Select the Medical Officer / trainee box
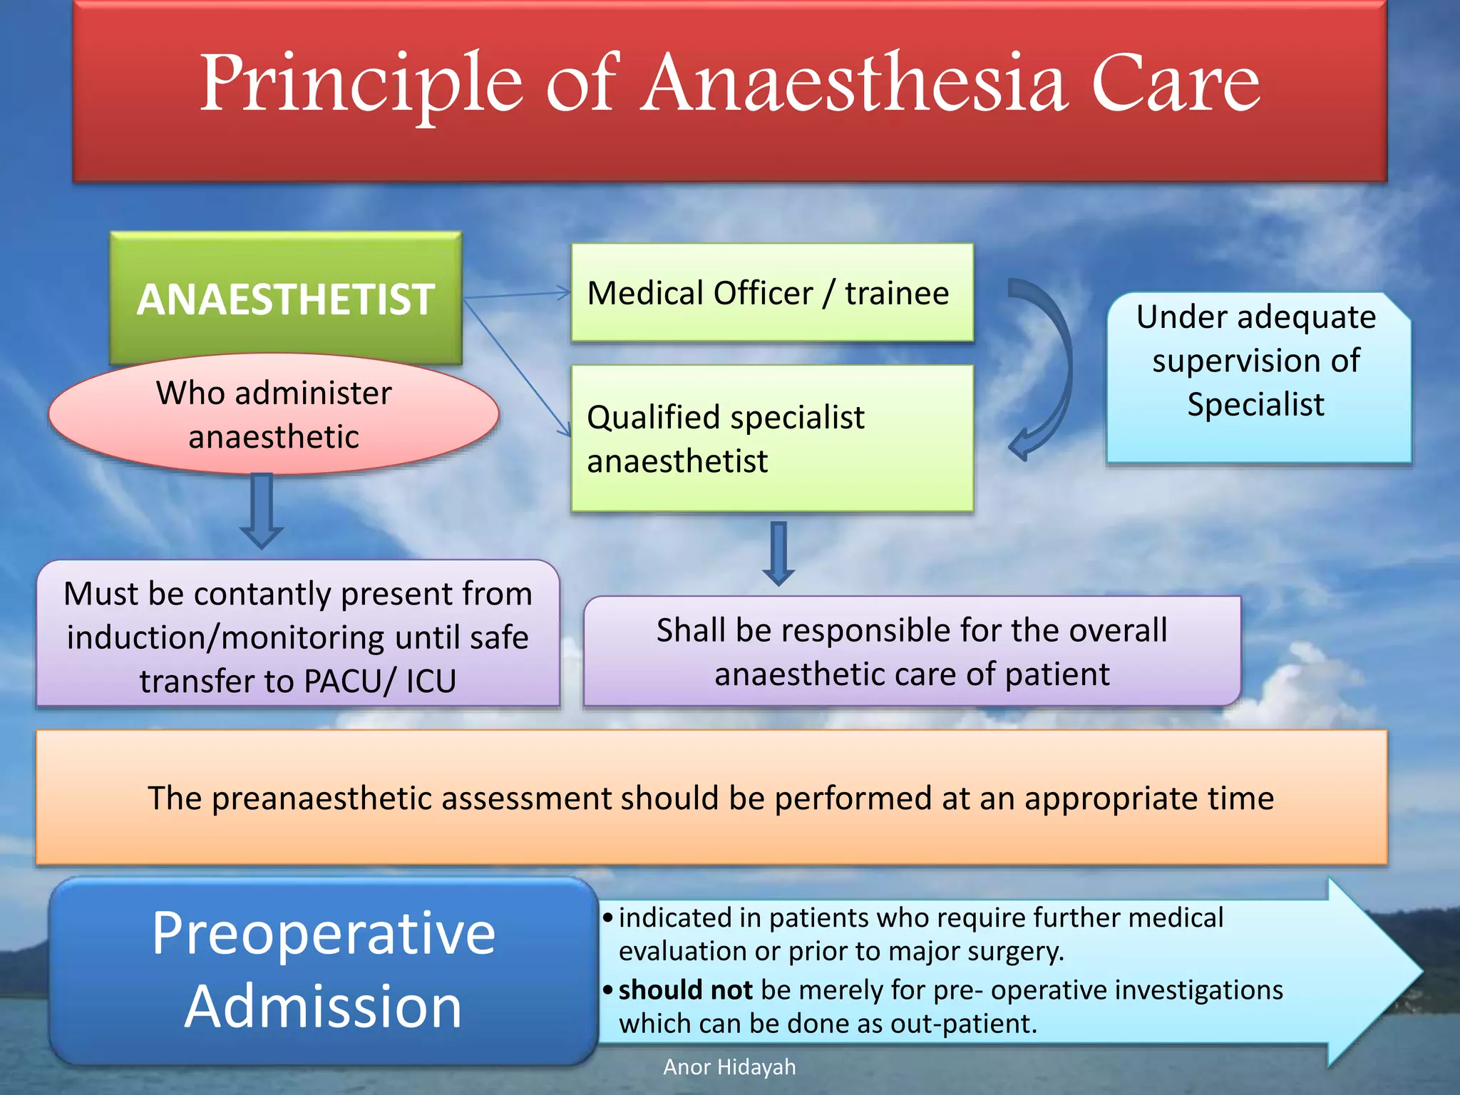pyautogui.click(x=771, y=293)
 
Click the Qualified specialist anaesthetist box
pyautogui.click(x=771, y=438)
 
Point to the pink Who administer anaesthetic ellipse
pyautogui.click(x=274, y=415)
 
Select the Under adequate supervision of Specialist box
pyautogui.click(x=1258, y=378)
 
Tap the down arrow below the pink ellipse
pyautogui.click(x=262, y=510)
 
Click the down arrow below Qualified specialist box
pyautogui.click(x=778, y=553)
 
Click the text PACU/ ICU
pyautogui.click(x=379, y=682)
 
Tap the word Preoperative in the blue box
pyautogui.click(x=323, y=934)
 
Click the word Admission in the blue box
pyautogui.click(x=323, y=1007)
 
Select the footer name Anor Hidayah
pyautogui.click(x=729, y=1067)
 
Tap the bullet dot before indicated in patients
pyautogui.click(x=607, y=917)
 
